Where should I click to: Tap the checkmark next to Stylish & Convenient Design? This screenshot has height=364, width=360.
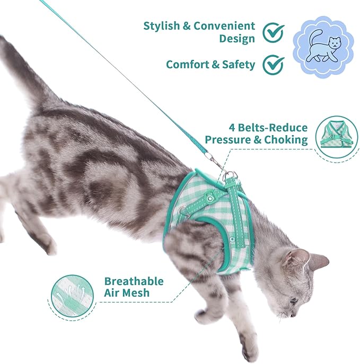(274, 32)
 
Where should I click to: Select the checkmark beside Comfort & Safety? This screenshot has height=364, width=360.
(274, 65)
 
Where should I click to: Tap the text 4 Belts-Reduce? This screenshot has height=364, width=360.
(268, 128)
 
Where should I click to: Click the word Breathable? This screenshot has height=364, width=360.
(134, 281)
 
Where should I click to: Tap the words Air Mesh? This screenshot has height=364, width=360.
(127, 293)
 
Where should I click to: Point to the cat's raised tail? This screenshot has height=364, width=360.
(21, 69)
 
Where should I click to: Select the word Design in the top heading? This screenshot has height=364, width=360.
(237, 39)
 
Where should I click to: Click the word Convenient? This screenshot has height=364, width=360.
(223, 26)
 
